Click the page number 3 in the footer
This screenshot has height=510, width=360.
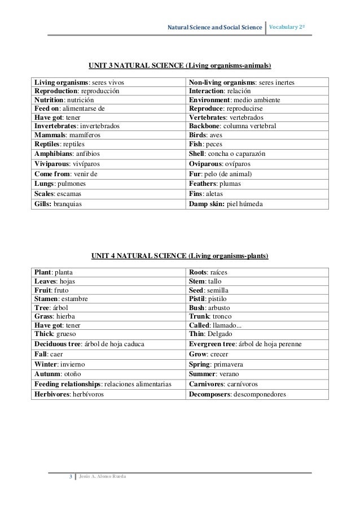[x=70, y=477]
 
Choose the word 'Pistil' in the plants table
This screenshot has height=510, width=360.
[x=198, y=298]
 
